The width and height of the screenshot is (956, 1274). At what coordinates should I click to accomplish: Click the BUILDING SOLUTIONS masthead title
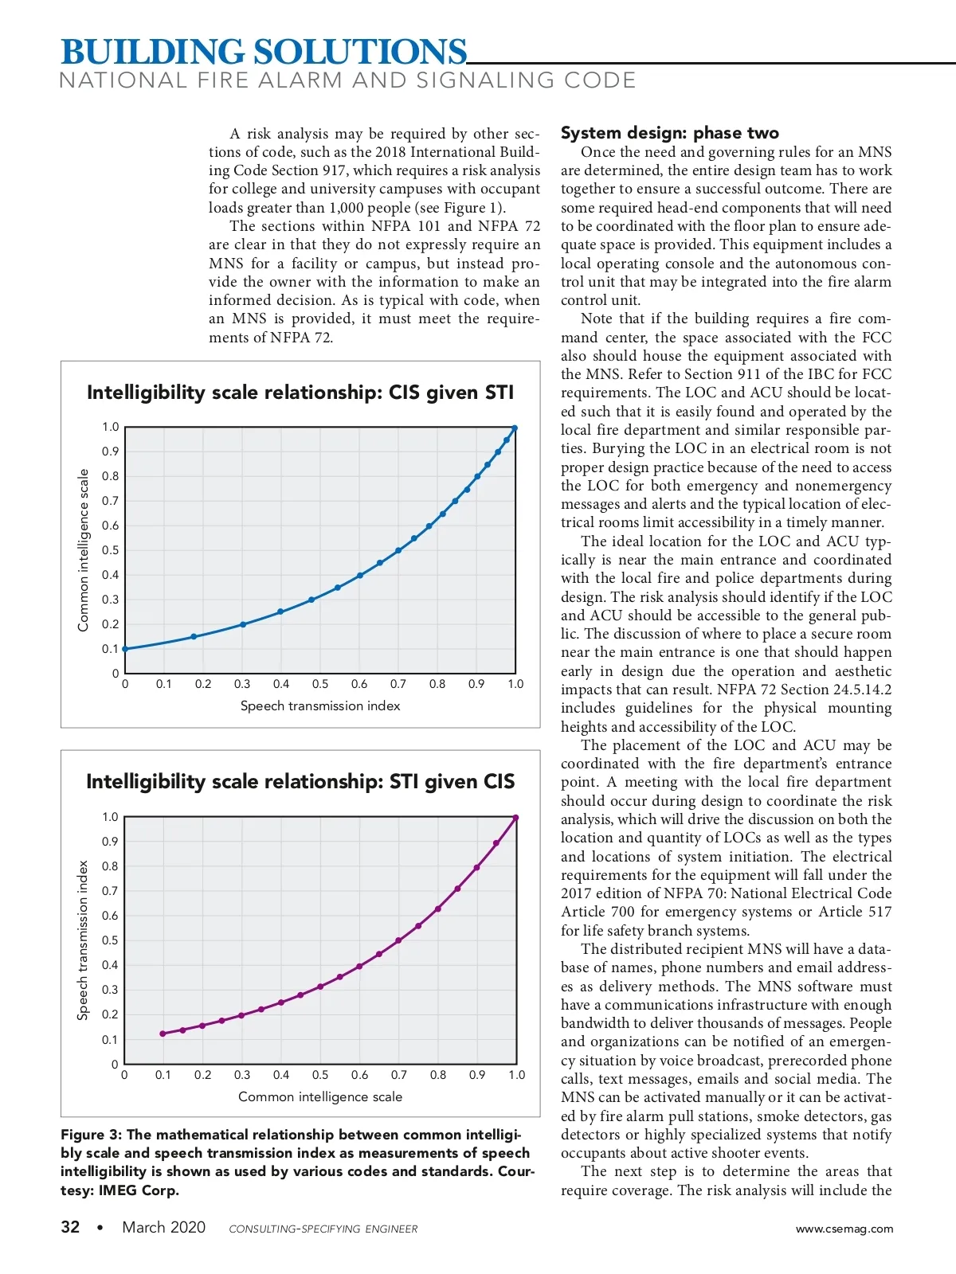(264, 53)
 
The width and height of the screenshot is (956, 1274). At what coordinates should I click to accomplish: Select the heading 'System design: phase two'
(669, 133)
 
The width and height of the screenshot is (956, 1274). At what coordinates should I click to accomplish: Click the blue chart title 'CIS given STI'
(300, 393)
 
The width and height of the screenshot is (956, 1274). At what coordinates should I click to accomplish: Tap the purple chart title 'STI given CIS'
(300, 782)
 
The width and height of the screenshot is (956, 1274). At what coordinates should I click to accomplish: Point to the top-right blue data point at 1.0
(515, 428)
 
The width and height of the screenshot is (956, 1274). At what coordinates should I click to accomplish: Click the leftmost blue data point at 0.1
(125, 649)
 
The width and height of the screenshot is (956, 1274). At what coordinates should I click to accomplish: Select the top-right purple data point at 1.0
(516, 818)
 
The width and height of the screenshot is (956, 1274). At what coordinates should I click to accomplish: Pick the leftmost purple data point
(163, 1034)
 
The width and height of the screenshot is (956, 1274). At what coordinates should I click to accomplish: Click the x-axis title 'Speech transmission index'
(320, 706)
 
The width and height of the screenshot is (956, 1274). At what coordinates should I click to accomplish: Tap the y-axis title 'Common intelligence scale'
(83, 550)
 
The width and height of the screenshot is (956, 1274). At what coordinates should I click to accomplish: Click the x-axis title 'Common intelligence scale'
(320, 1097)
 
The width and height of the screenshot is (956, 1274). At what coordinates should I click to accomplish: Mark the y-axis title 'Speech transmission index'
(83, 940)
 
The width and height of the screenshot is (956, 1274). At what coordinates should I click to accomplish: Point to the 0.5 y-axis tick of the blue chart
(110, 550)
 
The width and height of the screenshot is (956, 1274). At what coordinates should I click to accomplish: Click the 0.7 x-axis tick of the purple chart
(399, 1075)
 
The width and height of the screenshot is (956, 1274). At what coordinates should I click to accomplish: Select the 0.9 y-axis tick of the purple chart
(110, 842)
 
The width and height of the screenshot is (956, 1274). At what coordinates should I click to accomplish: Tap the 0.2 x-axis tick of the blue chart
(203, 684)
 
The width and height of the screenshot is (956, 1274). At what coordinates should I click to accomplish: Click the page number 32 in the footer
(70, 1227)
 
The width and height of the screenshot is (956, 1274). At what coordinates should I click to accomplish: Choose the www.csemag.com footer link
(844, 1229)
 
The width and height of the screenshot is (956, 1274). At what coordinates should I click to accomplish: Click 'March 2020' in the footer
(163, 1227)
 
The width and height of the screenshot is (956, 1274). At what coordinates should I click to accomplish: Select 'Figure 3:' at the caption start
(91, 1135)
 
